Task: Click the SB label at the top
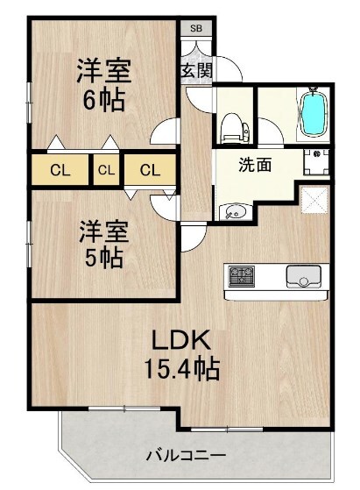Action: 195,28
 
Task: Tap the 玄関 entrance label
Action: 195,71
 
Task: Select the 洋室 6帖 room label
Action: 103,83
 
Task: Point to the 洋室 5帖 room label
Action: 103,245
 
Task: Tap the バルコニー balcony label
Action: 185,456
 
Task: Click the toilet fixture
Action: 233,128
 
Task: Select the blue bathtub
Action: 313,113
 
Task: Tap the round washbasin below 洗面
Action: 233,213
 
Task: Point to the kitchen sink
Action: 303,278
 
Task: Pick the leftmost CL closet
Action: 60,169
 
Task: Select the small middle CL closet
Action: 106,169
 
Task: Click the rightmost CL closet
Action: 150,169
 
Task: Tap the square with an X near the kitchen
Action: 314,200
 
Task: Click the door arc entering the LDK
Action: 194,236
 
